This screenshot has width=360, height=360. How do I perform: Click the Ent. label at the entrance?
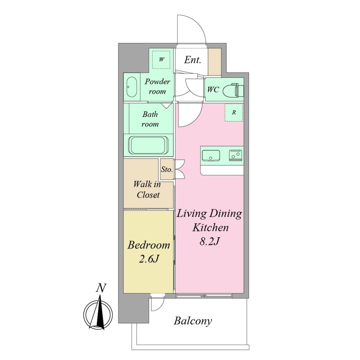193,60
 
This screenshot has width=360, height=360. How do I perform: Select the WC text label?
213,89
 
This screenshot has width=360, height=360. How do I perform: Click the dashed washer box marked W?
162,60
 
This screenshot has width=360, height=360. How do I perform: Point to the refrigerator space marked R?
234,112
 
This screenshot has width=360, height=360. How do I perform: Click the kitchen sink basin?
211,156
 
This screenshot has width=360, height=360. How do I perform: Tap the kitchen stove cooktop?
235,155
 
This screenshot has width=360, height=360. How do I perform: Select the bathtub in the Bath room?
148,145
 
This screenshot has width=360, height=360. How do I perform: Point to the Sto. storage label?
166,170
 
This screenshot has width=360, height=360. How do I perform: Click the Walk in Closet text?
148,189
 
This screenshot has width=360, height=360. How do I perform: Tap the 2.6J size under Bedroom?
149,259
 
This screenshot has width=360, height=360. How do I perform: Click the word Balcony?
193,321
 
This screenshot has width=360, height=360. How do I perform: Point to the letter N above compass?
101,288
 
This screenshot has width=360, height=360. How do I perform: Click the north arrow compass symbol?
98,314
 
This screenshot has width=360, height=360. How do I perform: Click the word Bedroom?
149,245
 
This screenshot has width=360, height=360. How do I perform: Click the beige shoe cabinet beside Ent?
215,62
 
